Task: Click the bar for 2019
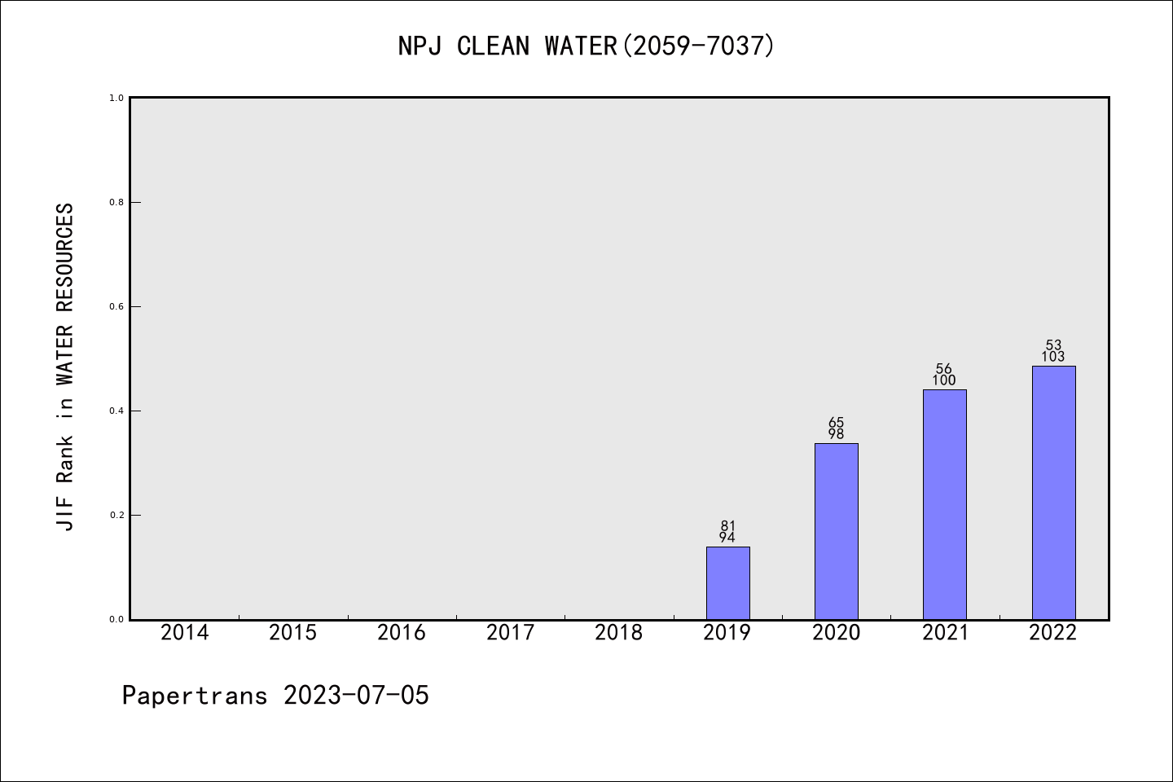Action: click(x=727, y=582)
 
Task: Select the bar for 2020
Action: click(x=836, y=531)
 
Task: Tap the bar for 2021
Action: click(x=944, y=504)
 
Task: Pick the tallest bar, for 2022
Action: click(x=1053, y=492)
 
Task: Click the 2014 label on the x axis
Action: click(x=184, y=633)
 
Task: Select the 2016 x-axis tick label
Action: click(x=402, y=633)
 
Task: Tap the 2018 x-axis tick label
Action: click(x=619, y=633)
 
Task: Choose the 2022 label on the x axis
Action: click(x=1053, y=633)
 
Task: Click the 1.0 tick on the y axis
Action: click(x=116, y=98)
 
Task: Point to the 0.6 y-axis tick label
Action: click(x=116, y=306)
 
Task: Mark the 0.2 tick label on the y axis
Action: click(x=116, y=515)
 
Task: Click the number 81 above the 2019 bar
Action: click(x=727, y=525)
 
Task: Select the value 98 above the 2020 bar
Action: click(x=836, y=434)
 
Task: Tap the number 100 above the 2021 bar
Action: click(x=944, y=380)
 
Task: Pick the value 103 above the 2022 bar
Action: click(x=1053, y=357)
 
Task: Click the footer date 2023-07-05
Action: click(x=356, y=696)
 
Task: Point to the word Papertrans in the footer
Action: click(x=195, y=696)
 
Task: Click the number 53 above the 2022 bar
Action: click(x=1053, y=345)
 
